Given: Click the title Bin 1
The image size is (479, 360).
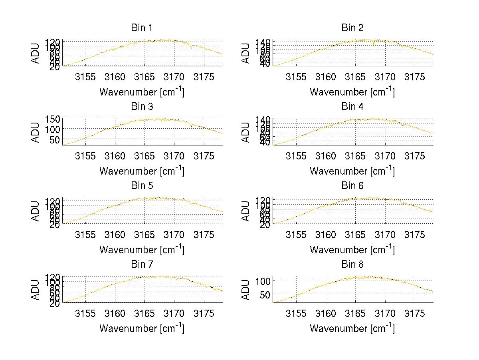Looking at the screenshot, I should (x=142, y=28).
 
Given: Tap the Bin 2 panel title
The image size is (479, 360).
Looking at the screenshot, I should (x=352, y=28).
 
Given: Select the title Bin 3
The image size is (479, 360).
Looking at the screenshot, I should (x=142, y=107).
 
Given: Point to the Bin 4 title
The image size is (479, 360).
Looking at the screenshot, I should (x=352, y=107).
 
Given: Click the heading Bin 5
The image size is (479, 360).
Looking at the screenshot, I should (x=142, y=186).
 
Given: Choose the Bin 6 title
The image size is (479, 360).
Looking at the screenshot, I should (x=352, y=186).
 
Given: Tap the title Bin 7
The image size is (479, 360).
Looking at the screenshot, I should (x=142, y=265).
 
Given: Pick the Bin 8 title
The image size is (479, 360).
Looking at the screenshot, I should (x=352, y=265).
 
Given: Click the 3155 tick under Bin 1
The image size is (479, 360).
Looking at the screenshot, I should (x=86, y=77).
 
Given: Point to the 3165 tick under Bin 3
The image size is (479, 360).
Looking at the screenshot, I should (x=144, y=156).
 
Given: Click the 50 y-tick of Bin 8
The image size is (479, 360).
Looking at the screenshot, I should (x=265, y=294).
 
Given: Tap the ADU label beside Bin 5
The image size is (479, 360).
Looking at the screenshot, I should (x=36, y=211).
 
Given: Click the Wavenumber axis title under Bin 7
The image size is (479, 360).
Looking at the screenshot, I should (x=142, y=328).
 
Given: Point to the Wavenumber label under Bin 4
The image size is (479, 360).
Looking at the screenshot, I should (x=352, y=171).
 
